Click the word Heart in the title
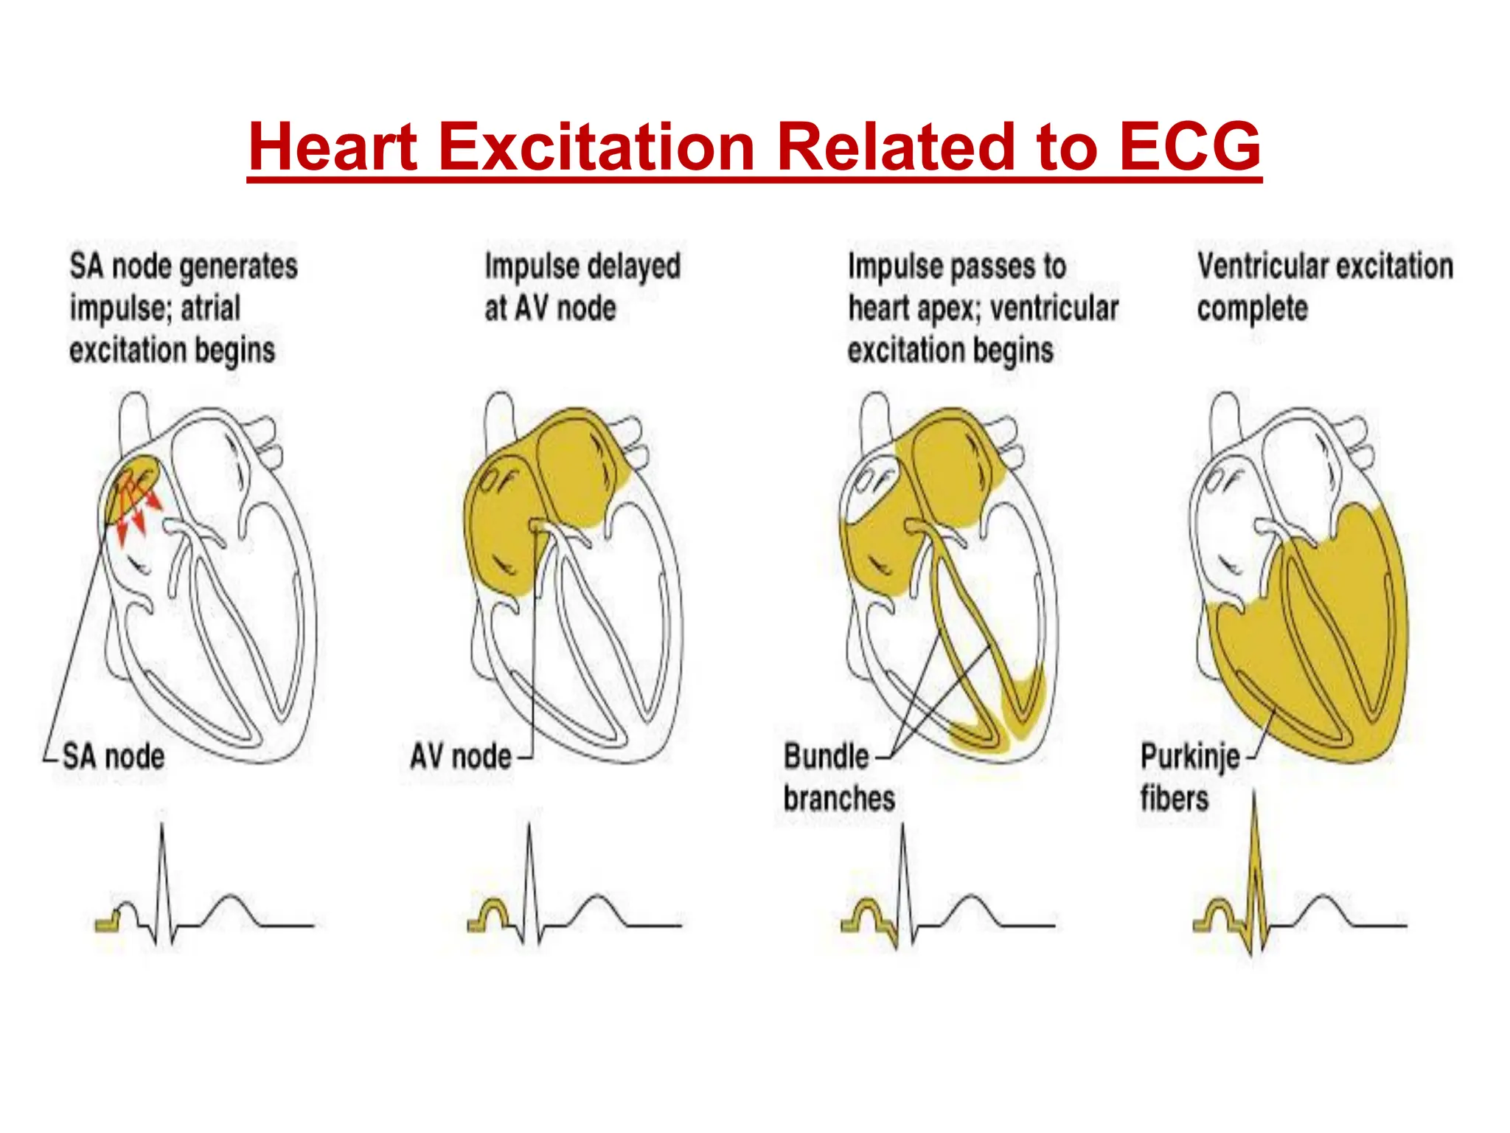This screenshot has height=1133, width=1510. coord(333,146)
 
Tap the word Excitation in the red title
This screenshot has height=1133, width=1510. coord(597,146)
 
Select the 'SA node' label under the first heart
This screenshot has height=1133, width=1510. coord(113,756)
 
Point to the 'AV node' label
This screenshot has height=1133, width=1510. coord(460,756)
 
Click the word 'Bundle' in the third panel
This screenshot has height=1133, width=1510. coord(826,756)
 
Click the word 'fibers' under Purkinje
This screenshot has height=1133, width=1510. coord(1175,798)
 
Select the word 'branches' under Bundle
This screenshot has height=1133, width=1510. coord(839,798)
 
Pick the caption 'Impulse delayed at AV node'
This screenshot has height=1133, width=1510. coord(582,287)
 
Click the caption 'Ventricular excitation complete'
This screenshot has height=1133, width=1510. coord(1325,287)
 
